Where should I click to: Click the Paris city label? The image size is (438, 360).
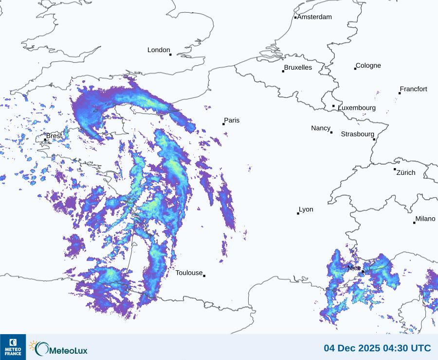[x=232, y=120]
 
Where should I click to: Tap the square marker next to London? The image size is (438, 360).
[x=170, y=55]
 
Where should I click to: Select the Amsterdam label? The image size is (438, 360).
[x=314, y=17]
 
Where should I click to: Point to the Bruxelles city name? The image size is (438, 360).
[x=298, y=68]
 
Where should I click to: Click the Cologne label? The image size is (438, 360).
[x=368, y=66]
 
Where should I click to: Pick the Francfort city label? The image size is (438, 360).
[x=414, y=89]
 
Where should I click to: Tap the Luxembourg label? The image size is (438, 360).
[x=357, y=108]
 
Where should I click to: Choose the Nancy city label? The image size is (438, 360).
[x=321, y=128]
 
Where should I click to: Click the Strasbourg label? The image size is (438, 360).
[x=357, y=134]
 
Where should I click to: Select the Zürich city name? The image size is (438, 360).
[x=406, y=172]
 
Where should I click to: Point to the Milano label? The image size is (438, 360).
[x=425, y=219]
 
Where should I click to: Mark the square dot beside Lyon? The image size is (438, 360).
[x=298, y=213]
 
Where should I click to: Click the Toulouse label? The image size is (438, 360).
[x=189, y=273]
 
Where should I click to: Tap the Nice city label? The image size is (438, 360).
[x=354, y=268]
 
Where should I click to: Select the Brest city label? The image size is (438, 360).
[x=54, y=136]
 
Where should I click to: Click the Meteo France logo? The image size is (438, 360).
[x=13, y=347]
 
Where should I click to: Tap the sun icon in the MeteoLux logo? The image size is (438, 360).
[x=34, y=345]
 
